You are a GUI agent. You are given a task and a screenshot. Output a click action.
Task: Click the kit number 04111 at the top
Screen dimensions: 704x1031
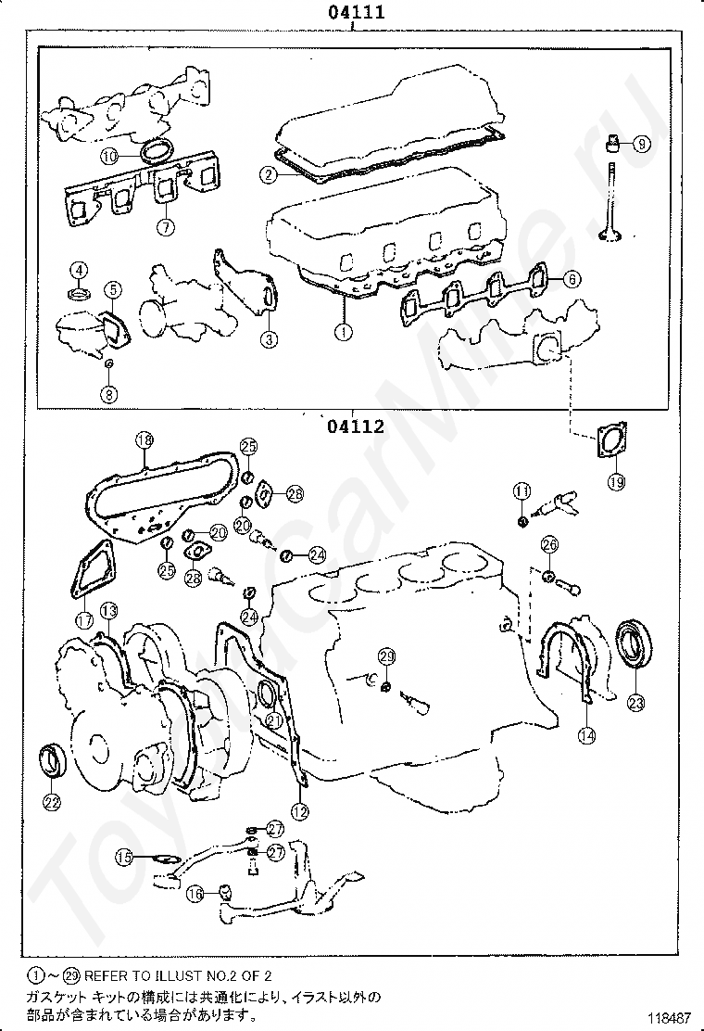355,12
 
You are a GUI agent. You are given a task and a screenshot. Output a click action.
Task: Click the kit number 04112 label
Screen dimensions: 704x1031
355,427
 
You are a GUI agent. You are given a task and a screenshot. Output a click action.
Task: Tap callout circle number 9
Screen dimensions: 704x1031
641,144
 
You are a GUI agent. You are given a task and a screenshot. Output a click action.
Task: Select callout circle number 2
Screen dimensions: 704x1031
268,174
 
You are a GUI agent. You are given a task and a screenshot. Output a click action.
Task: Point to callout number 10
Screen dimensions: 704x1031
109,157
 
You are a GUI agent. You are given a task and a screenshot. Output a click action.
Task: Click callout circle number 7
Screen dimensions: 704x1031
164,225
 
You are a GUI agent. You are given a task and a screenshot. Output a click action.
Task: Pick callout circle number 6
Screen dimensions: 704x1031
571,278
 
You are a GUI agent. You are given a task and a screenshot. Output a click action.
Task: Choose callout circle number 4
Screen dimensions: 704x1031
80,270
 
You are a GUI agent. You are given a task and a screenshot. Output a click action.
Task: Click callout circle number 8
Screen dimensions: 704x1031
109,394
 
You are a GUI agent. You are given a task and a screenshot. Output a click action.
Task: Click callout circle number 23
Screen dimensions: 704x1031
635,703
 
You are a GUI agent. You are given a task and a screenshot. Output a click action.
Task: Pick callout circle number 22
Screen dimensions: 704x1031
52,802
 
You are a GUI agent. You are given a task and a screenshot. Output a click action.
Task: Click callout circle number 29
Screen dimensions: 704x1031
387,656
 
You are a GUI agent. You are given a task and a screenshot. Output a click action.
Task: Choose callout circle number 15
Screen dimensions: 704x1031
124,858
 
